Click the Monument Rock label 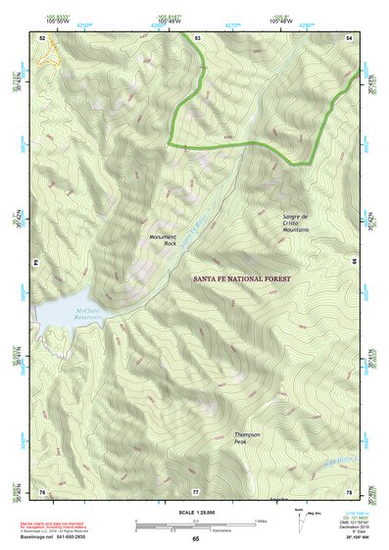163,239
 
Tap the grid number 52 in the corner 42,37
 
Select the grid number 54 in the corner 351,37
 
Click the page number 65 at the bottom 196,539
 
